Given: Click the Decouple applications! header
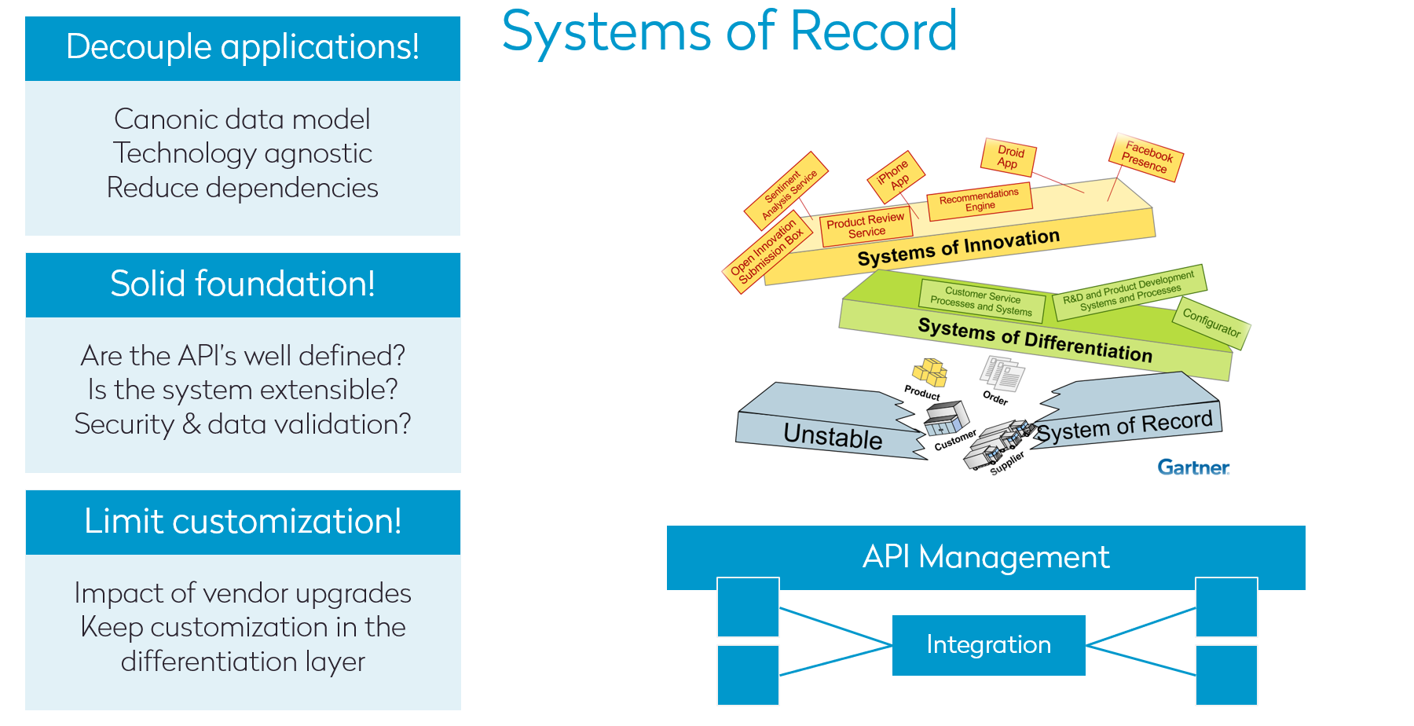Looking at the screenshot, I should pyautogui.click(x=242, y=47).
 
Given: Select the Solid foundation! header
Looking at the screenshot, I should pyautogui.click(x=242, y=284).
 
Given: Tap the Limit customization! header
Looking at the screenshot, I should pyautogui.click(x=242, y=522).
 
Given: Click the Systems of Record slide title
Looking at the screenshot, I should pyautogui.click(x=729, y=31).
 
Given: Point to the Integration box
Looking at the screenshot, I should pyautogui.click(x=988, y=645).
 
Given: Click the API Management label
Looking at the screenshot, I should pyautogui.click(x=985, y=557).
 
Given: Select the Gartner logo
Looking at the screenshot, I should pyautogui.click(x=1192, y=467).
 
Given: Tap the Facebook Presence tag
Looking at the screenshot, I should pyautogui.click(x=1146, y=157).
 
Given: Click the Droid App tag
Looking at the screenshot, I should pyautogui.click(x=1009, y=157).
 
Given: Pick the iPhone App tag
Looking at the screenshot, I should pyautogui.click(x=895, y=176).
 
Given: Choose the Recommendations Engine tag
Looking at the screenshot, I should pyautogui.click(x=979, y=200).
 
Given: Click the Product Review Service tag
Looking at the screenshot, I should pyautogui.click(x=866, y=226).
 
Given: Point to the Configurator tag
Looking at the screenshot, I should pyautogui.click(x=1211, y=323).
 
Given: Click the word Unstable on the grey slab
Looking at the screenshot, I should pyautogui.click(x=833, y=436).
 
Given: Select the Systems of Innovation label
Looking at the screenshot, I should pyautogui.click(x=958, y=247).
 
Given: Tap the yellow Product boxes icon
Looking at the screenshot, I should pyautogui.click(x=929, y=372).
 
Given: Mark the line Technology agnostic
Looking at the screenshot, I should pyautogui.click(x=242, y=153).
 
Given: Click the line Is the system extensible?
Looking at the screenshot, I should pyautogui.click(x=242, y=390).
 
